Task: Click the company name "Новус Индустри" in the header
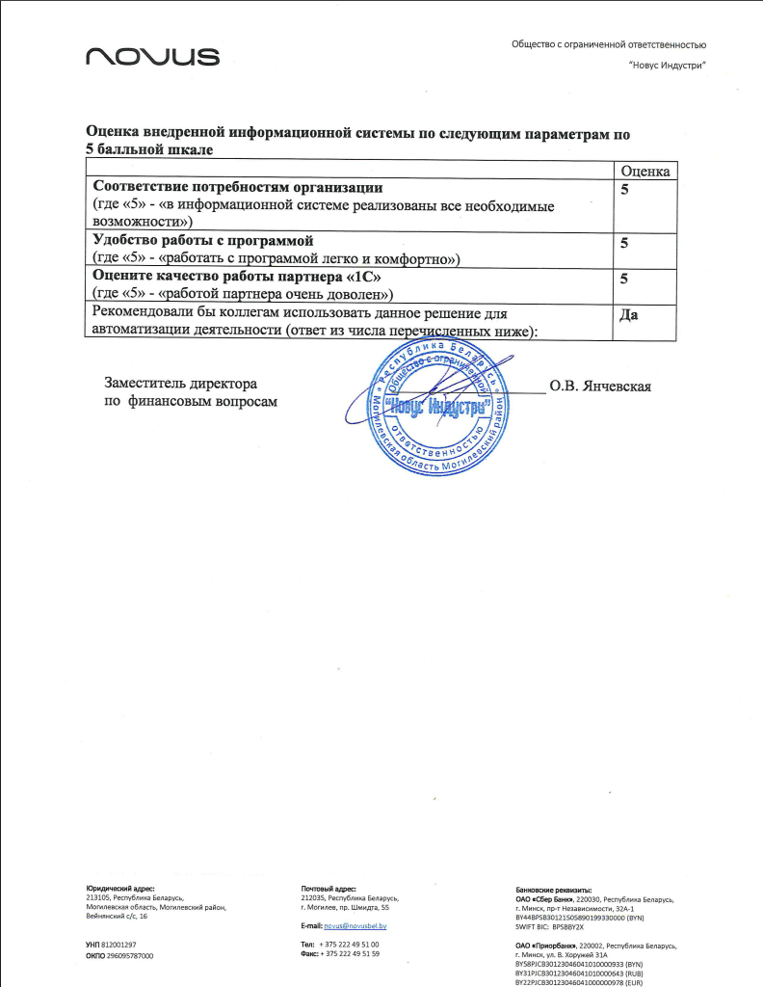pos(667,65)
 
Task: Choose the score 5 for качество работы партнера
pos(624,279)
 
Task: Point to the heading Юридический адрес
pos(120,889)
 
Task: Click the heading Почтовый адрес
pos(329,889)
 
